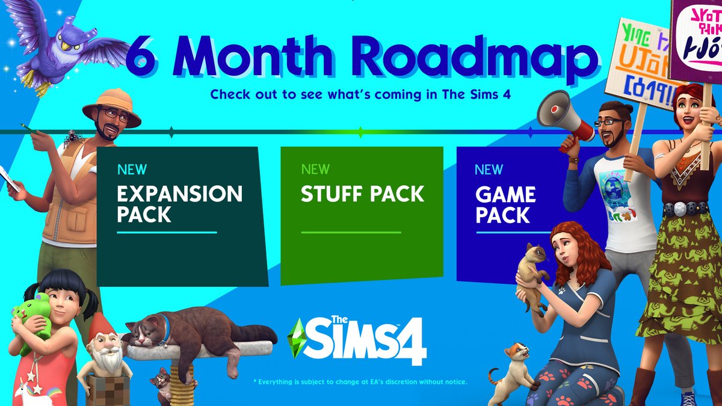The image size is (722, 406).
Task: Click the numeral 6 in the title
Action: [x=146, y=59]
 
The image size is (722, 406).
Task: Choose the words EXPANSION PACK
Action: [x=179, y=205]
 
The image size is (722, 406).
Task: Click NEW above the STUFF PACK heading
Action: [x=315, y=169]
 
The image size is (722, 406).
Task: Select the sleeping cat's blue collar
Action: [x=165, y=328]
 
